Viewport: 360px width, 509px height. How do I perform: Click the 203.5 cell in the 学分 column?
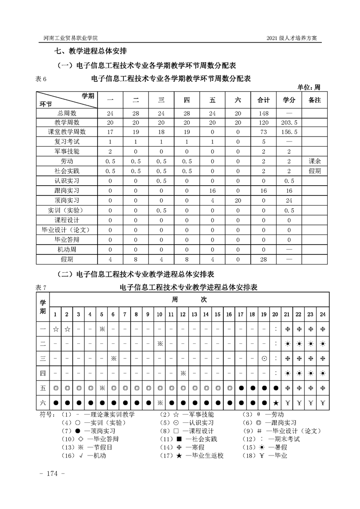pos(289,122)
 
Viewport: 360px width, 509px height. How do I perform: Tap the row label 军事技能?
pos(67,151)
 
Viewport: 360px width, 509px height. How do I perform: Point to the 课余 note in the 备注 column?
pos(315,161)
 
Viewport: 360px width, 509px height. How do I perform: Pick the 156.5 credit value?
pos(289,132)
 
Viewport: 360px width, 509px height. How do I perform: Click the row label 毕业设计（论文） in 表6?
pos(67,230)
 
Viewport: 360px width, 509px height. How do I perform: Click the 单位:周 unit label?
pos(309,87)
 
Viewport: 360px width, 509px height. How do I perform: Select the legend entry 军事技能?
pos(195,414)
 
